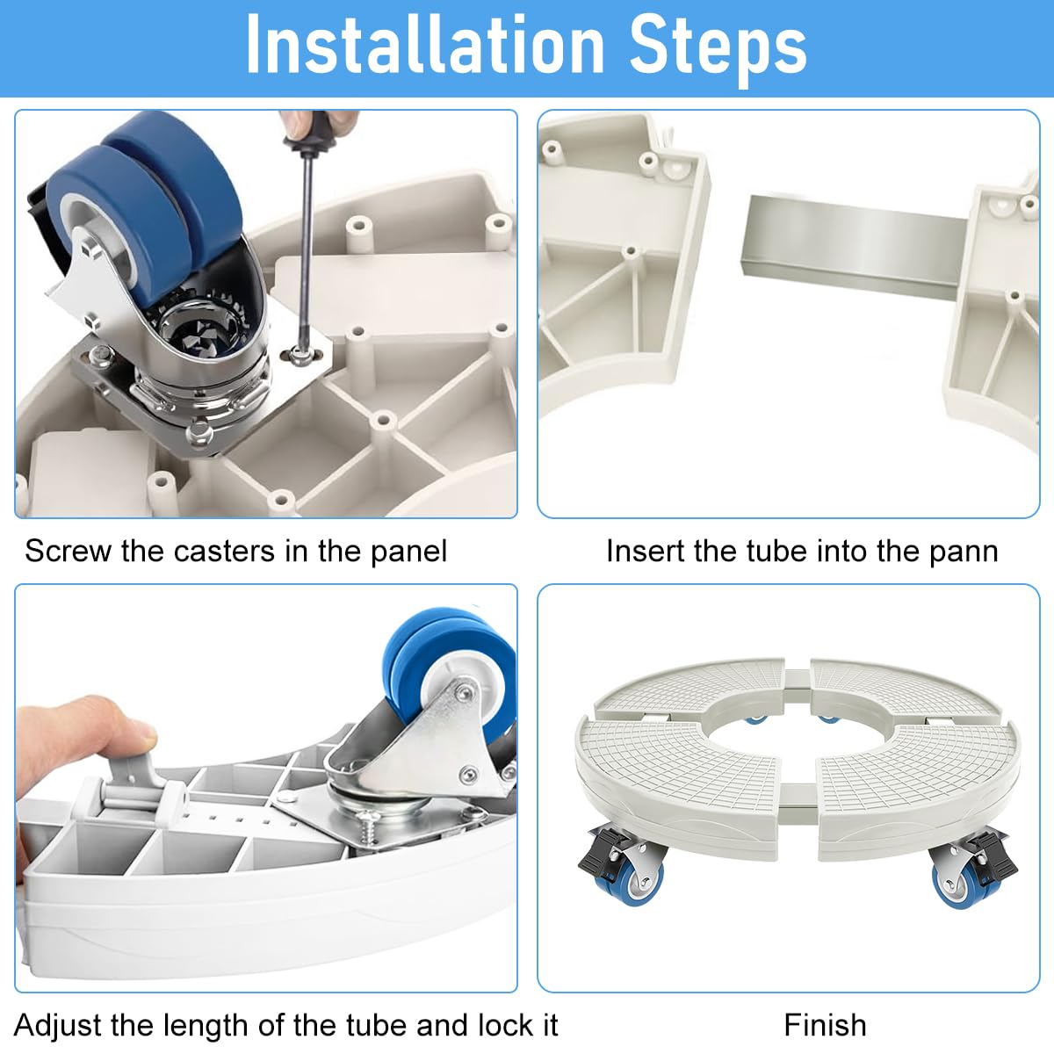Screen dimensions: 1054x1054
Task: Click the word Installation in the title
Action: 425,44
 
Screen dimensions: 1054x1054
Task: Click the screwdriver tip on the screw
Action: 298,353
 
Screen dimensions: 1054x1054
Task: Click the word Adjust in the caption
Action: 58,1027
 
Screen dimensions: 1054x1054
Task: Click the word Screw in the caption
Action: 68,552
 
